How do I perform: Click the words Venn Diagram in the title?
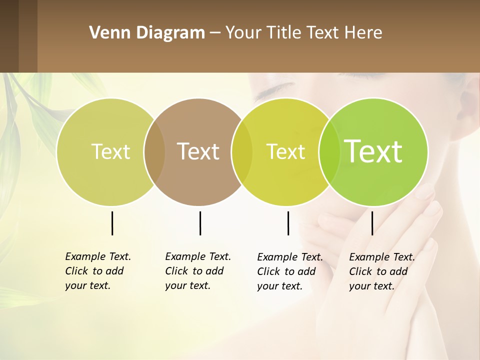click(x=146, y=33)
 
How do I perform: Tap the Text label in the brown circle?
click(x=198, y=151)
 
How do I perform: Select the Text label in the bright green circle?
click(x=373, y=151)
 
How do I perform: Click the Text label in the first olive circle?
click(x=110, y=151)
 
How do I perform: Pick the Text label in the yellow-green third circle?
click(x=285, y=151)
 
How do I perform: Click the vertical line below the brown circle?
click(x=200, y=223)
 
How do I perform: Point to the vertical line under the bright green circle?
click(x=372, y=223)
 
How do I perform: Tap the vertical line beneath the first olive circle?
click(x=112, y=223)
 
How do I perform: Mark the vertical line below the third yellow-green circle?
click(x=288, y=223)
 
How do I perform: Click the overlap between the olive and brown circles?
click(x=154, y=151)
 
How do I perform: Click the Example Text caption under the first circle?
click(x=97, y=271)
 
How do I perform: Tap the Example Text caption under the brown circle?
click(x=197, y=271)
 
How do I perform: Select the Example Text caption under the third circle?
click(x=289, y=271)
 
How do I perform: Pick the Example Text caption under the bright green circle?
click(x=381, y=271)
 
